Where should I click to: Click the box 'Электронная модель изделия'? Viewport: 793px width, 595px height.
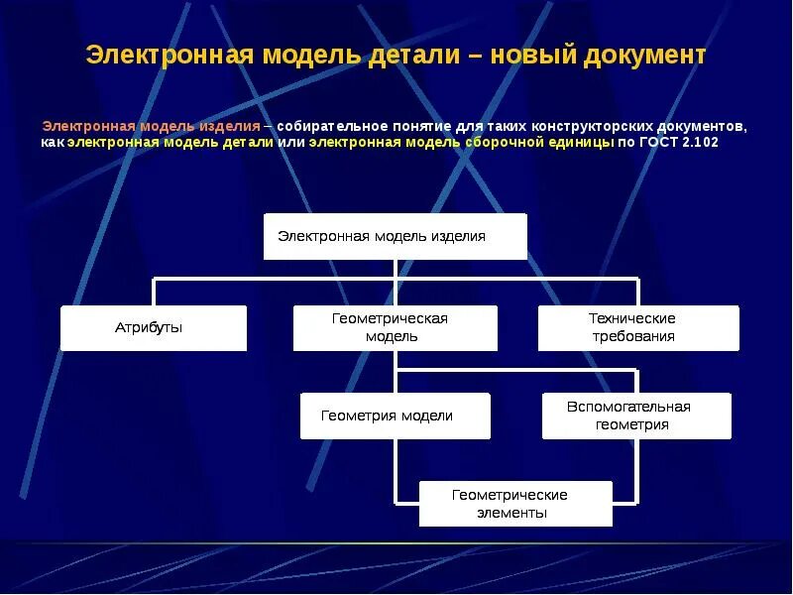[x=395, y=236]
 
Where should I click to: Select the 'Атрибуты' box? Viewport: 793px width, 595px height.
[x=154, y=328]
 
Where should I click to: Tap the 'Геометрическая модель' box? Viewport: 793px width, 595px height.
[x=395, y=327]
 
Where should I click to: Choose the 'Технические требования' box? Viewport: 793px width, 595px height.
[x=638, y=327]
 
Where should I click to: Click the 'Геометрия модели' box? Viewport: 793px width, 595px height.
[x=395, y=416]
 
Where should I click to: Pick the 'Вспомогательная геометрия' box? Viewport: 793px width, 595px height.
[x=635, y=416]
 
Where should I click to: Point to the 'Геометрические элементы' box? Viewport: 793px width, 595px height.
[x=515, y=504]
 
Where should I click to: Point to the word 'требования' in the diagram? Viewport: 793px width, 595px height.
[x=638, y=336]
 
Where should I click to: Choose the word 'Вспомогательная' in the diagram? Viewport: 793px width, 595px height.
[x=628, y=407]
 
